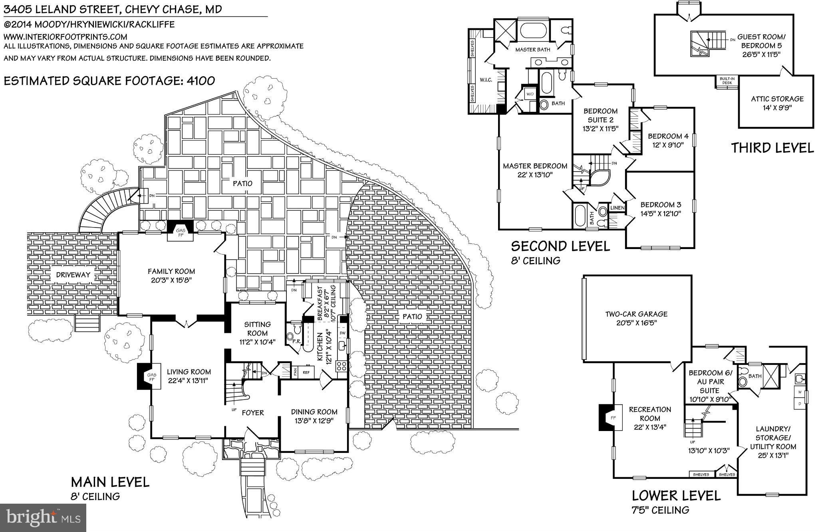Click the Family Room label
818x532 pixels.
171,271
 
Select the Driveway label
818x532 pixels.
73,275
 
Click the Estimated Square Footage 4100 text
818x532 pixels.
109,81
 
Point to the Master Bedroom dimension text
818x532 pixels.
535,175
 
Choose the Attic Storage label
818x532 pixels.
777,99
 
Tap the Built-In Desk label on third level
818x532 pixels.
727,81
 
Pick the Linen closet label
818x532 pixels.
617,208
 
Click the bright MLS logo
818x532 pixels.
43,518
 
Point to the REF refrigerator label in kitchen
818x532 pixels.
306,372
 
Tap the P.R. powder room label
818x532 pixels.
296,342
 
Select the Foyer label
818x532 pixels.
252,413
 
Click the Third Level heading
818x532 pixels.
772,148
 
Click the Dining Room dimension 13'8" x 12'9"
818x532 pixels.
314,421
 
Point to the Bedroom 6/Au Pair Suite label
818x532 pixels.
710,382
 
